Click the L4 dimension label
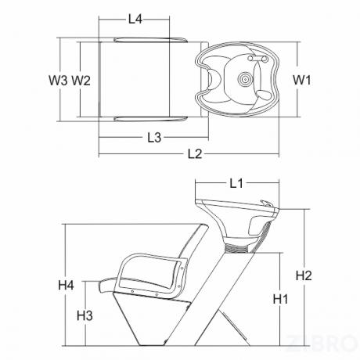135,19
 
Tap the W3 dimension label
58,80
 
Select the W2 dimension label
81,80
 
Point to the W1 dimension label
302,80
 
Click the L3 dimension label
154,138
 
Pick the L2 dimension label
195,154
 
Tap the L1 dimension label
236,183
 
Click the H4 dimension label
66,285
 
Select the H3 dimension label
85,315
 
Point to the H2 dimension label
304,275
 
